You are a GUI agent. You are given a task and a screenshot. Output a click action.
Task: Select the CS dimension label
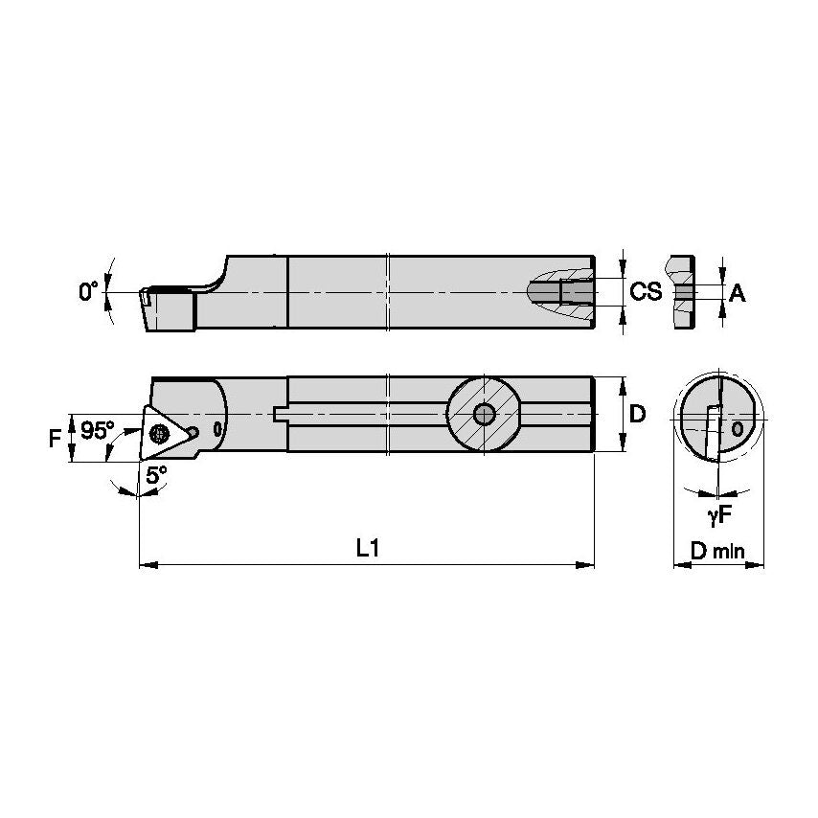point(646,292)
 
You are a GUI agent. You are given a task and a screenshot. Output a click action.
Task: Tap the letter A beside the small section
point(737,294)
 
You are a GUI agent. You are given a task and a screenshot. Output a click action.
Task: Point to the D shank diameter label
point(638,414)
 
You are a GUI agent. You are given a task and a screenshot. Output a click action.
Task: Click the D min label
point(718,552)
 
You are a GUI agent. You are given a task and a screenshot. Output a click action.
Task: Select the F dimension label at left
point(56,439)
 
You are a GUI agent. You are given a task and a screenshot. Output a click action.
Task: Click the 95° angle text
point(96,431)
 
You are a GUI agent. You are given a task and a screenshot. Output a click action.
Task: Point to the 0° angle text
point(89,291)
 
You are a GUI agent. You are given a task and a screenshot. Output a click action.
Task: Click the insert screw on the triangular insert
point(159,434)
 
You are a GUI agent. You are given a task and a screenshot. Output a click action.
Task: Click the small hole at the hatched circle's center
point(484,414)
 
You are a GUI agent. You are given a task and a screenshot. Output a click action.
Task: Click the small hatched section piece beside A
point(681,291)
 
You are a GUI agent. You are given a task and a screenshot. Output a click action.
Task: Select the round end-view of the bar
point(718,420)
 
